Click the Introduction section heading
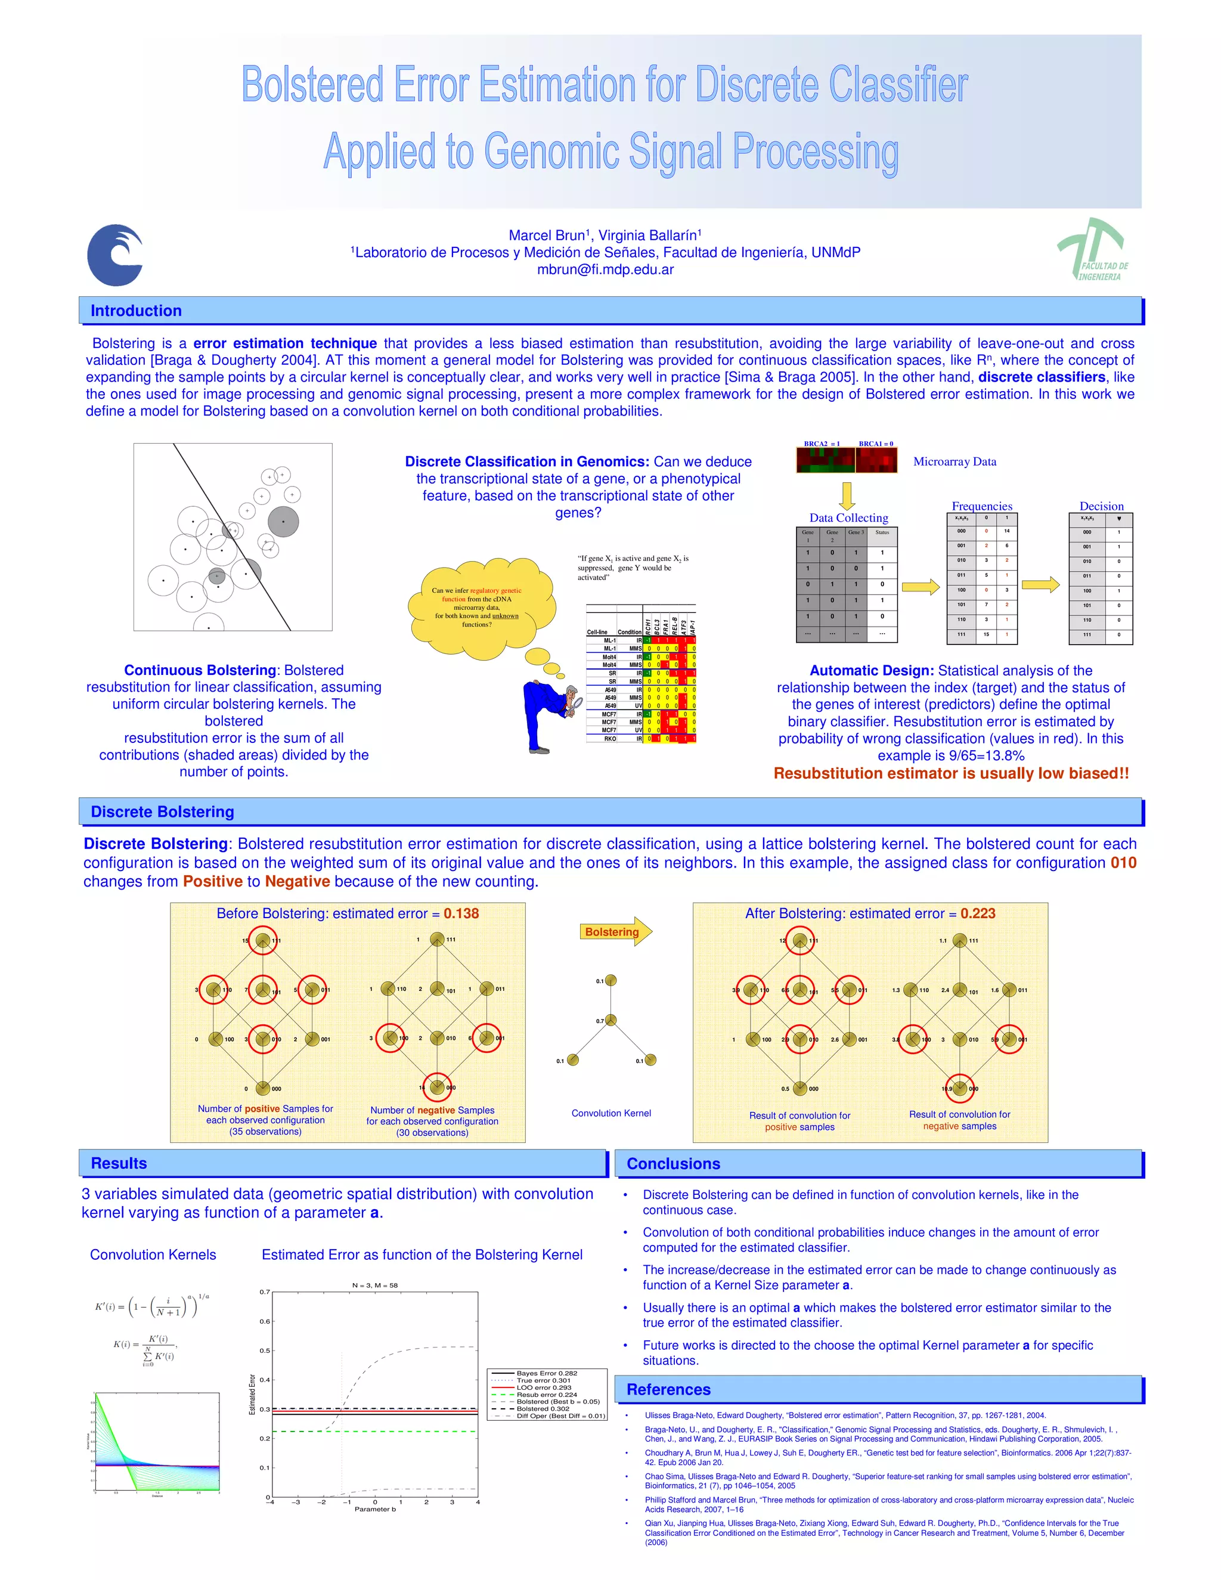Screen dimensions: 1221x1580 (136, 311)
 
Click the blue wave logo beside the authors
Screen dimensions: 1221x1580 (115, 255)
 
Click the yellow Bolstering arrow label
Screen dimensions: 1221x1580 (612, 932)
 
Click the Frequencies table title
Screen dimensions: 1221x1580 (981, 506)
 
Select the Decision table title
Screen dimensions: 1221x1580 (1101, 506)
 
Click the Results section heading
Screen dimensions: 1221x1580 (119, 1163)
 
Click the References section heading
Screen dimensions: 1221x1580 (668, 1389)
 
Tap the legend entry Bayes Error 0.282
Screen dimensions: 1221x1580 (546, 1373)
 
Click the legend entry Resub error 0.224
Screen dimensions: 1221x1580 (546, 1394)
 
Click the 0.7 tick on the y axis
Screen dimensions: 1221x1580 (265, 1291)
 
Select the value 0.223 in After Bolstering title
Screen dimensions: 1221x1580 (978, 913)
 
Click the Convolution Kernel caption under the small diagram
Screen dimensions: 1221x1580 (611, 1113)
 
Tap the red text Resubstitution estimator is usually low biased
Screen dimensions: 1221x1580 (950, 773)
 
